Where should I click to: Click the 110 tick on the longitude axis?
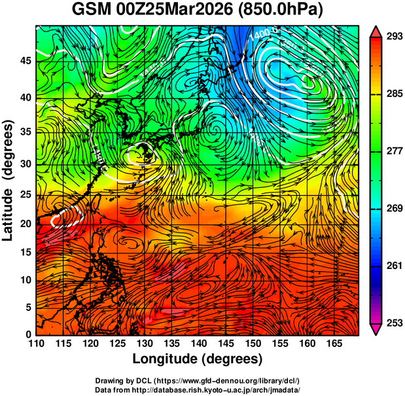[x=36, y=344]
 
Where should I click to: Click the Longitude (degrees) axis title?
[x=198, y=359]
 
